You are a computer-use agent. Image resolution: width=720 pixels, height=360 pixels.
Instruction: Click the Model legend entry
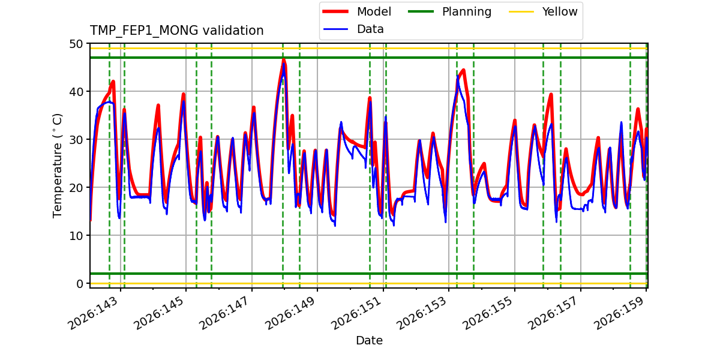click(356, 12)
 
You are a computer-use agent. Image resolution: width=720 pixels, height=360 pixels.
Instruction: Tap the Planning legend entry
click(449, 12)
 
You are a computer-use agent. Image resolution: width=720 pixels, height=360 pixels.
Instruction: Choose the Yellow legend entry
click(543, 12)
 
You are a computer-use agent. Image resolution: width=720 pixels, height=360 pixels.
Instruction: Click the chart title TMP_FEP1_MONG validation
click(176, 31)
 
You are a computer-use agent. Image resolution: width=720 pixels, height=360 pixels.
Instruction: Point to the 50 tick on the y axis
click(76, 44)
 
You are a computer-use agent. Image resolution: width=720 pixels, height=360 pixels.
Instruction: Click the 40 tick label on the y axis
click(76, 92)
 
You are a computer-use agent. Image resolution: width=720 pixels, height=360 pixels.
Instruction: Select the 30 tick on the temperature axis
click(76, 140)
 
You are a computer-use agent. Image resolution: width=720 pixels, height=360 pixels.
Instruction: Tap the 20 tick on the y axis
click(76, 188)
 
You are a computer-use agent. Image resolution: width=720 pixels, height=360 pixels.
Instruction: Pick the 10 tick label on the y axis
click(76, 236)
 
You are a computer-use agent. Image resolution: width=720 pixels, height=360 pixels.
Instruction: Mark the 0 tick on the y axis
click(79, 284)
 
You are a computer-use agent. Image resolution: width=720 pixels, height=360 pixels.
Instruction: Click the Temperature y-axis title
click(57, 166)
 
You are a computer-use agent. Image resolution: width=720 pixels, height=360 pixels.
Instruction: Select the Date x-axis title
click(370, 340)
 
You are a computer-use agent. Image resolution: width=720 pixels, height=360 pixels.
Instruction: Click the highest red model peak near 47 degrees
click(283, 59)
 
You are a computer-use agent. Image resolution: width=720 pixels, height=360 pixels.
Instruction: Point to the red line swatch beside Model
click(335, 12)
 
